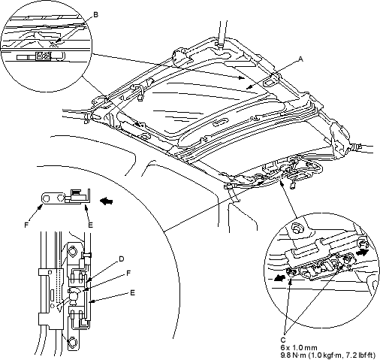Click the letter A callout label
pyautogui.click(x=301, y=59)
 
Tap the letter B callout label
pyautogui.click(x=95, y=15)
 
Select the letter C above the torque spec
pyautogui.click(x=283, y=340)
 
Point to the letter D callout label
pyautogui.click(x=122, y=259)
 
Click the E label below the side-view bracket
pyautogui.click(x=91, y=225)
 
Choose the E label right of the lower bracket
pyautogui.click(x=132, y=292)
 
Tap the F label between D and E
pyautogui.click(x=128, y=273)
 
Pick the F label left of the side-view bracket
pyautogui.click(x=26, y=225)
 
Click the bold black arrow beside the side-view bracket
pyautogui.click(x=107, y=201)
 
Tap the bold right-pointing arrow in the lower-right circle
pyautogui.click(x=362, y=253)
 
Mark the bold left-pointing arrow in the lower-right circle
pyautogui.click(x=281, y=277)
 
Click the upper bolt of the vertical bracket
pyautogui.click(x=74, y=250)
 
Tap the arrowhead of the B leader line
pyautogui.click(x=57, y=42)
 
